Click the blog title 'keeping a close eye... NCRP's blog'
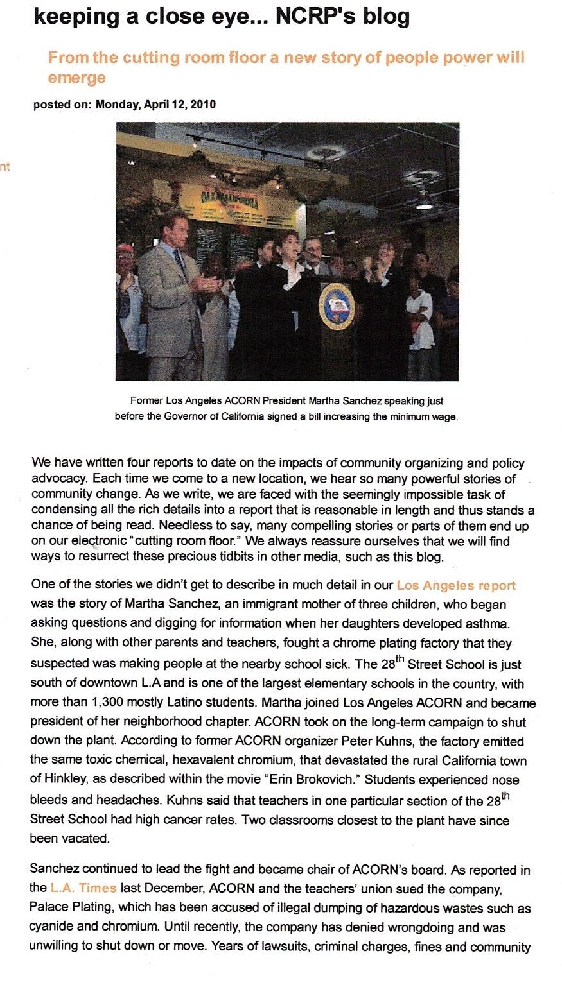pyautogui.click(x=222, y=16)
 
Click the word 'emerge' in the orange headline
pyautogui.click(x=76, y=78)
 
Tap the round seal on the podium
pyautogui.click(x=337, y=305)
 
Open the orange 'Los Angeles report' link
pyautogui.click(x=456, y=585)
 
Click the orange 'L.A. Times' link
pyautogui.click(x=83, y=888)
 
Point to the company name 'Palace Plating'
pyautogui.click(x=67, y=908)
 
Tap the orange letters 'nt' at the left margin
pyautogui.click(x=5, y=167)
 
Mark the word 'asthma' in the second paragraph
pyautogui.click(x=474, y=623)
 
